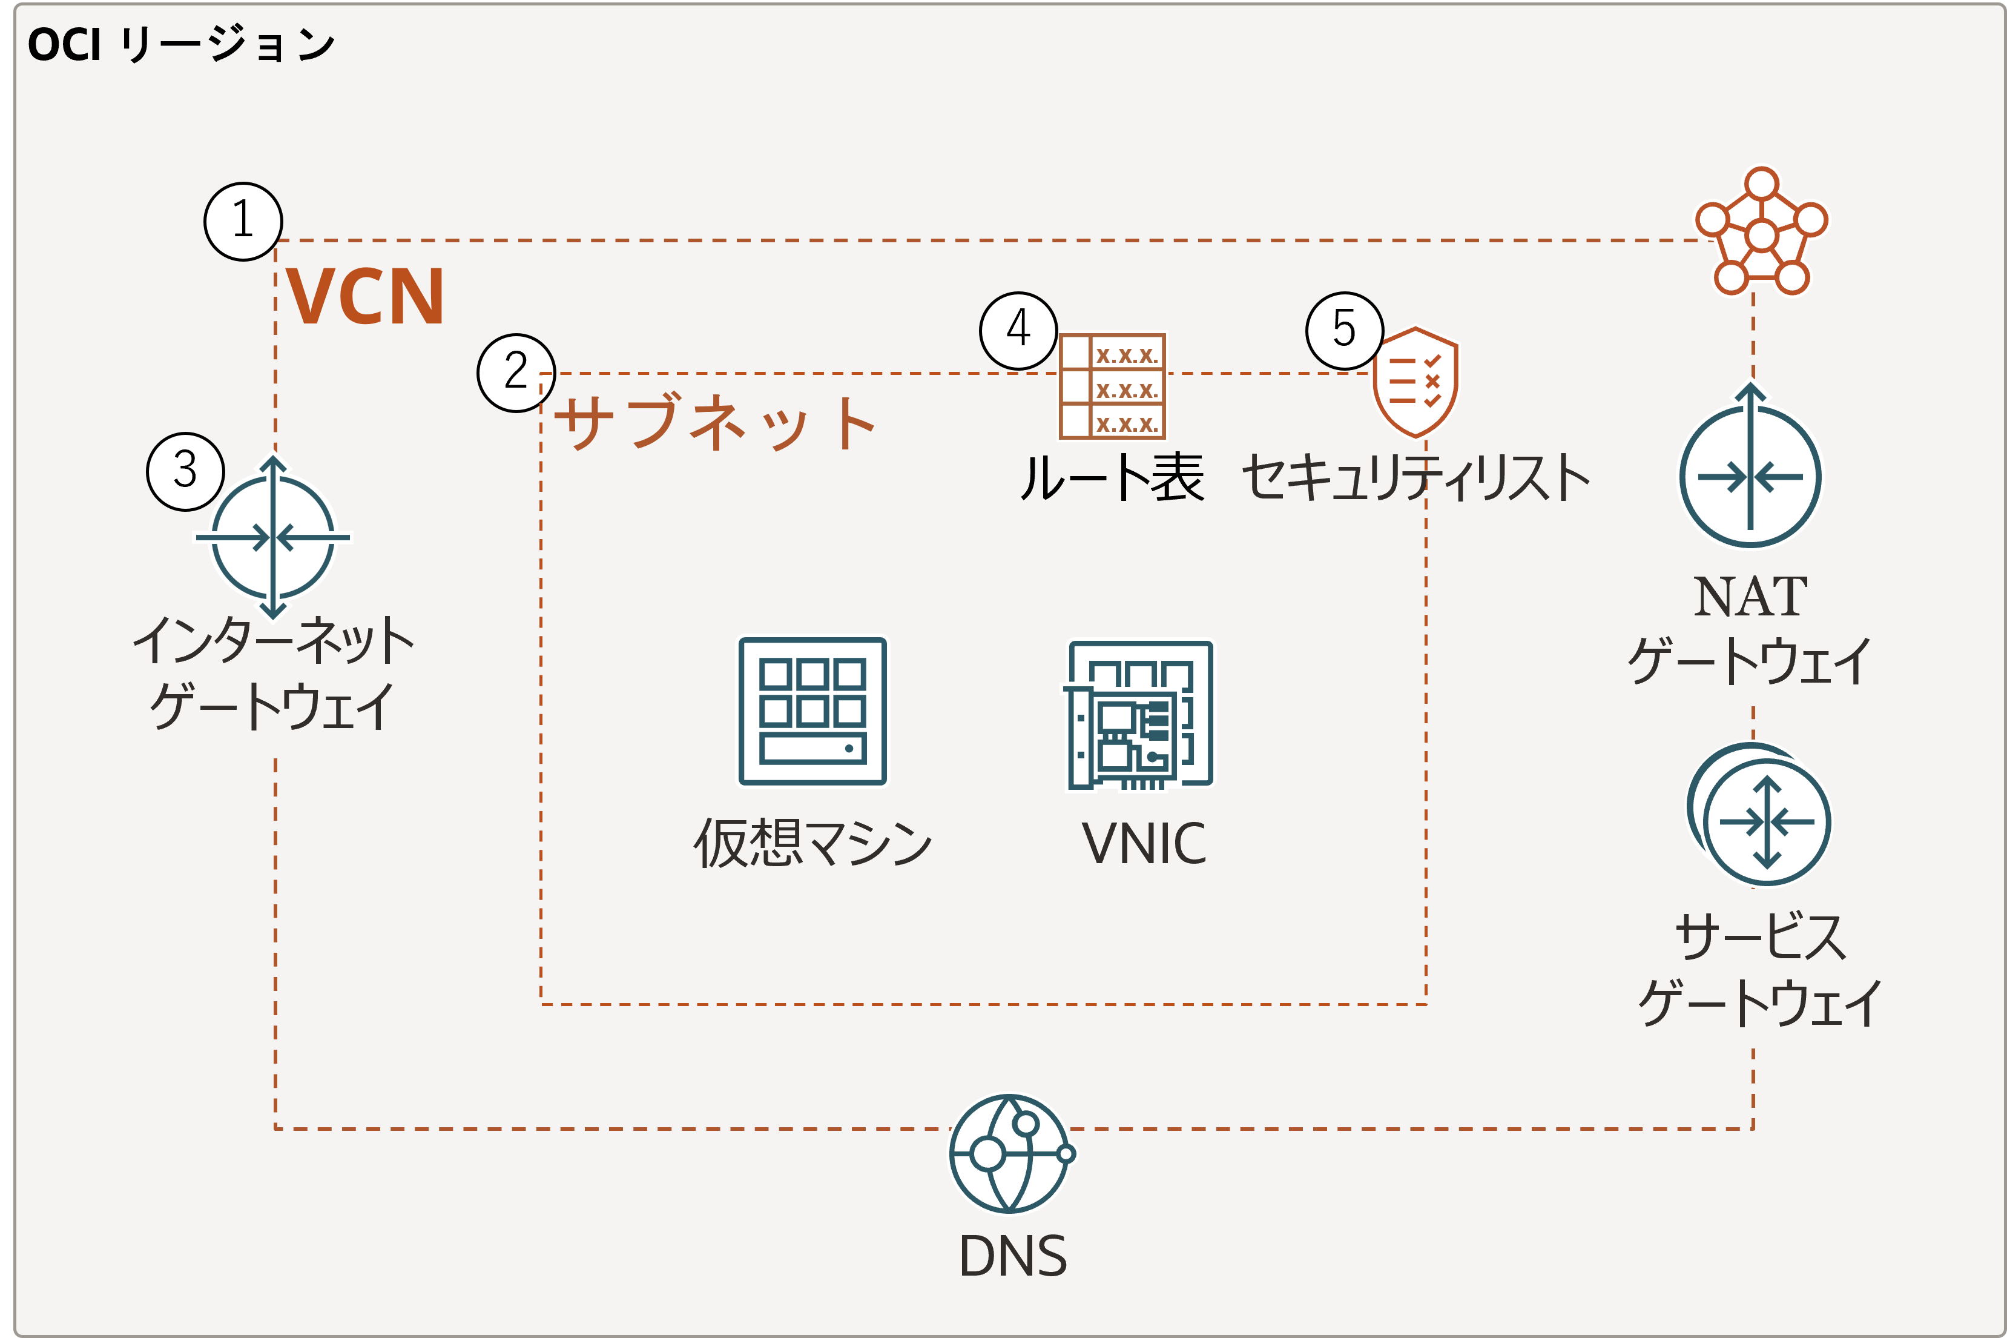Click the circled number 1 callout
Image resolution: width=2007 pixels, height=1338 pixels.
pyautogui.click(x=243, y=221)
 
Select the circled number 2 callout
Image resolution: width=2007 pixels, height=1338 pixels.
pyautogui.click(x=516, y=373)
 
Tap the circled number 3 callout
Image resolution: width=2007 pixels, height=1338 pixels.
pyautogui.click(x=185, y=471)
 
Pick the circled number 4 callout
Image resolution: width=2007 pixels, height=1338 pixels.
pyautogui.click(x=1018, y=330)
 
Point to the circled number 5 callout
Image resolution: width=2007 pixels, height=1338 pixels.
pyautogui.click(x=1344, y=330)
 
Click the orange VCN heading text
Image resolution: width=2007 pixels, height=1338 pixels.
pyautogui.click(x=365, y=297)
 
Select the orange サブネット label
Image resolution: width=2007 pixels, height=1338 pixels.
pyautogui.click(x=716, y=422)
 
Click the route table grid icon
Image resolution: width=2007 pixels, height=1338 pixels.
pyautogui.click(x=1112, y=386)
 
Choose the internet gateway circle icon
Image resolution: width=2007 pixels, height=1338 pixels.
pyautogui.click(x=273, y=538)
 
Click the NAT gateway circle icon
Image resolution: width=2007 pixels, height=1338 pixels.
pyautogui.click(x=1750, y=476)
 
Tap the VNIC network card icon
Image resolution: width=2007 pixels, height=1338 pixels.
pyautogui.click(x=1139, y=715)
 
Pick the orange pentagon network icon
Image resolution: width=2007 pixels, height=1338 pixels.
pyautogui.click(x=1761, y=232)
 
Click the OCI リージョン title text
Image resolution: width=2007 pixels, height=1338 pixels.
pyautogui.click(x=181, y=44)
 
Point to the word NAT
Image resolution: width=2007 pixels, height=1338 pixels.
pyautogui.click(x=1750, y=597)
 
